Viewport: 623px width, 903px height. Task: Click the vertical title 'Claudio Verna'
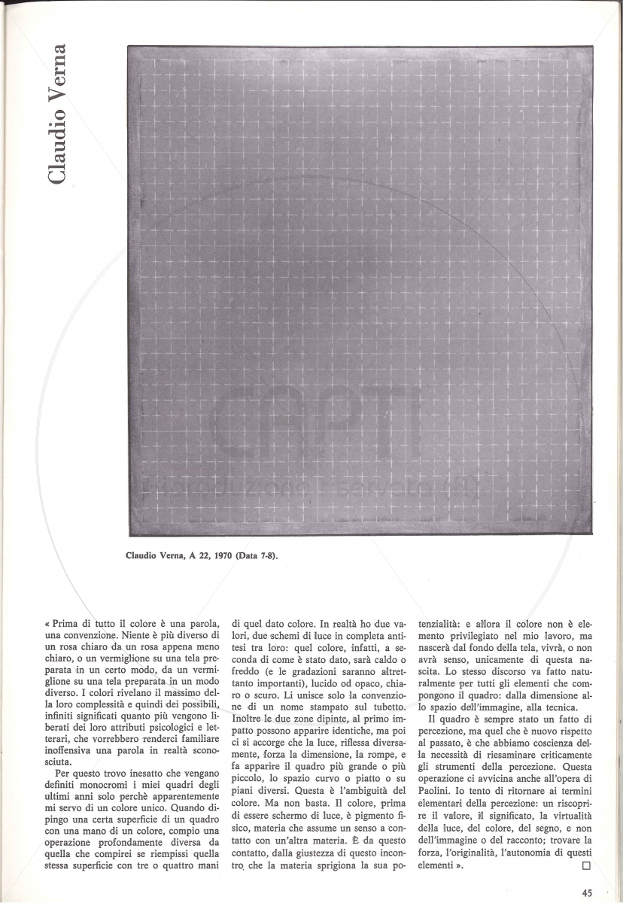pyautogui.click(x=58, y=114)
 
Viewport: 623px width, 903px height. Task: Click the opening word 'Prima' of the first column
pyautogui.click(x=68, y=623)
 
